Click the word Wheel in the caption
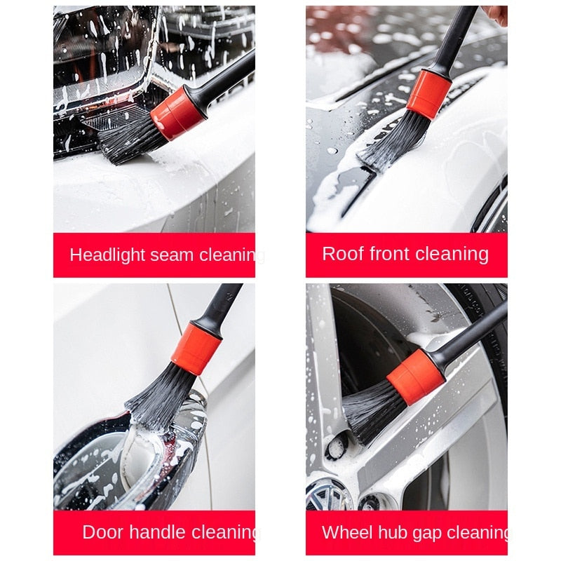(x=342, y=532)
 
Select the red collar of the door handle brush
(x=196, y=348)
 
